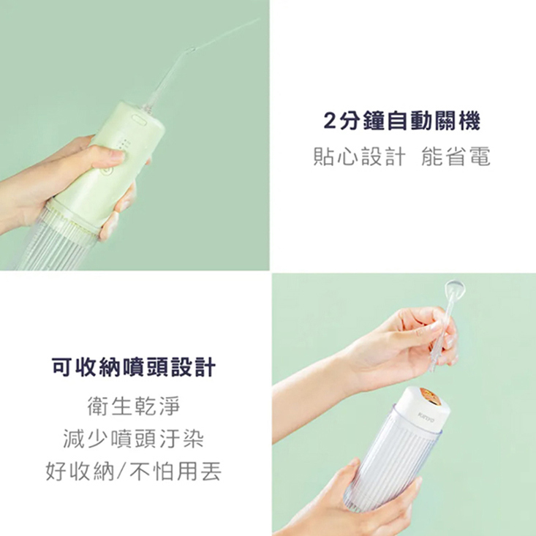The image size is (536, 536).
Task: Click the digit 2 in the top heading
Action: [x=329, y=121]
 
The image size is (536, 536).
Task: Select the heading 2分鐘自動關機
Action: [x=401, y=121]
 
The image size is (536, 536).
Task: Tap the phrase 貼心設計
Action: [x=359, y=156]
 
